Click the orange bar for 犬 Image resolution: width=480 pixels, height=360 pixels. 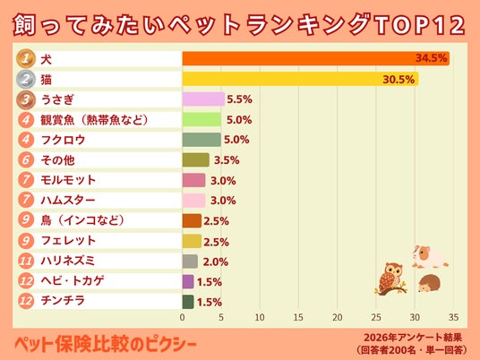pos(316,58)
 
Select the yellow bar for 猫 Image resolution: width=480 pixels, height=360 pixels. pos(301,79)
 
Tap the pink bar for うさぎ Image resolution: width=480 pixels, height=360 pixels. pos(203,99)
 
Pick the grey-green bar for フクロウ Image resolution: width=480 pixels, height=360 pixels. pos(201,140)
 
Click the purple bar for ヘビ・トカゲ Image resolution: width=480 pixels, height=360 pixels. pos(188,281)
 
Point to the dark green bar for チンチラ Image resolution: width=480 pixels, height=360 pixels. pos(188,302)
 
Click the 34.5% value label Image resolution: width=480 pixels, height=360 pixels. pos(431,58)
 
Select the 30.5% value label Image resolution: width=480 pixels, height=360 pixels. pos(399,80)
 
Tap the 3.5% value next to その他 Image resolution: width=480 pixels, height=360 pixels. pos(227,160)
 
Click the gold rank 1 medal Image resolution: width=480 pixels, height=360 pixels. pos(26,58)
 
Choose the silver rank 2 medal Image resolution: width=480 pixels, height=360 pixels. pos(26,79)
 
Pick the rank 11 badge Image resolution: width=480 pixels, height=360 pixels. pos(26,261)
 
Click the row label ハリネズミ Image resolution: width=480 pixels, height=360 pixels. pos(68,261)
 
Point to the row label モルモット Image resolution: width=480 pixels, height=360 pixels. pos(68,180)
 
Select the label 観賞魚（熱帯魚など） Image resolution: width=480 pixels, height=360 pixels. pos(94,120)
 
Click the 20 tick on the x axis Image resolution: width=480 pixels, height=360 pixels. pos(338,317)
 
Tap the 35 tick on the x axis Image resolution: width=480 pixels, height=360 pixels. pos(453,317)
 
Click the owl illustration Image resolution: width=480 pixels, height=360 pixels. pos(391,279)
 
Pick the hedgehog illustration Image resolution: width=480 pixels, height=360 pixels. pos(430,284)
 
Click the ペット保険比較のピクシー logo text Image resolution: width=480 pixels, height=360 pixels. pos(106,345)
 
